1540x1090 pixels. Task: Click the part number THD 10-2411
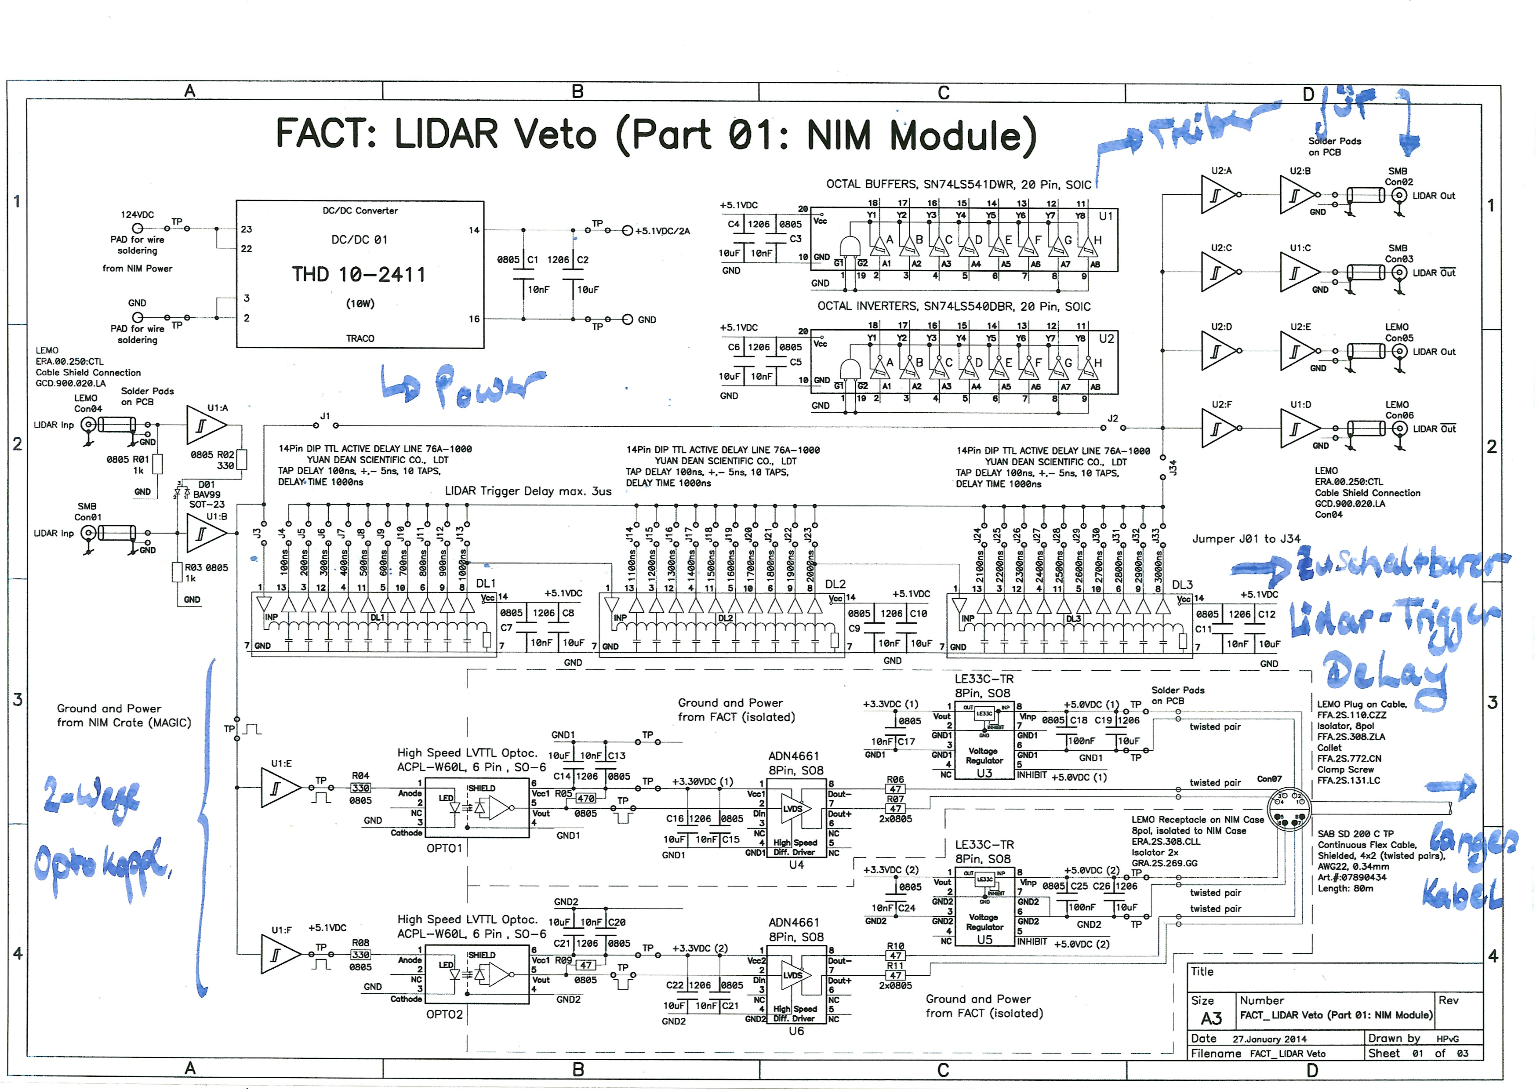(359, 275)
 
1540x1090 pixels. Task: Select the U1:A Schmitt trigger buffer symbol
(205, 425)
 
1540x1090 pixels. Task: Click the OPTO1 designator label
(444, 848)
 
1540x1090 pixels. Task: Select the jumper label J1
(325, 416)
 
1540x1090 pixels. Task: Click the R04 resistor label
(360, 775)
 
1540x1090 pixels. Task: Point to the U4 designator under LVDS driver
(796, 865)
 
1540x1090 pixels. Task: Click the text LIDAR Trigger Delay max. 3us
(528, 491)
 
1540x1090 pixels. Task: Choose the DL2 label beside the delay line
(835, 584)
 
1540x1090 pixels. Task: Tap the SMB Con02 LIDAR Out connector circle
(1399, 196)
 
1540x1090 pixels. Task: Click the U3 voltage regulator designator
(984, 773)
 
